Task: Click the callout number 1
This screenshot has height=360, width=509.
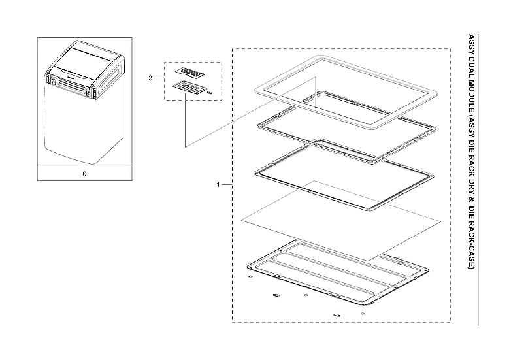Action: click(x=218, y=185)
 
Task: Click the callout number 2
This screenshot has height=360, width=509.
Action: click(x=150, y=78)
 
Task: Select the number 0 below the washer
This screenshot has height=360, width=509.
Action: click(x=84, y=174)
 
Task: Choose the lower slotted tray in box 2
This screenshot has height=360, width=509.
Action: click(x=189, y=87)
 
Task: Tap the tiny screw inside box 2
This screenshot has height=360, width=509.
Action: click(x=210, y=93)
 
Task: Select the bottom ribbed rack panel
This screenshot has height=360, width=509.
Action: click(x=339, y=269)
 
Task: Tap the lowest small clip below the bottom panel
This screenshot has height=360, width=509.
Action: click(x=337, y=314)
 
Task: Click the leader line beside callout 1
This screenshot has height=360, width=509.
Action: click(x=227, y=185)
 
